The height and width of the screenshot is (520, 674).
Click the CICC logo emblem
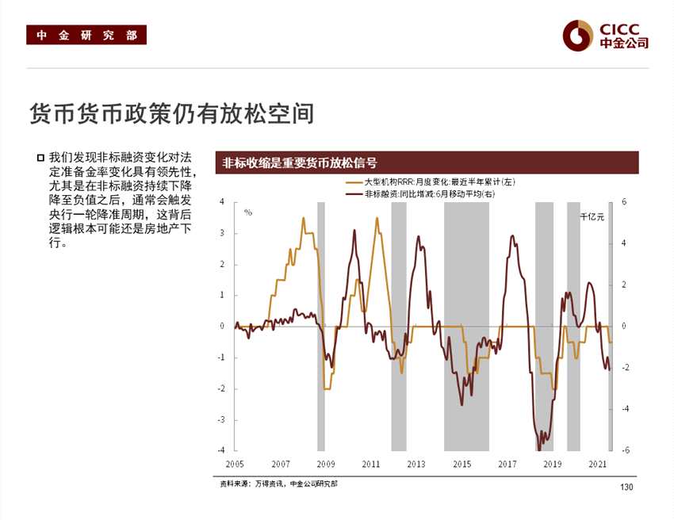point(578,34)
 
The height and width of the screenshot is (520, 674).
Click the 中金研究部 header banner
point(86,36)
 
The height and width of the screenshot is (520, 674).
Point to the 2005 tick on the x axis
point(235,464)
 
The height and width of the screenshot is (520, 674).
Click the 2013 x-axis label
point(416,464)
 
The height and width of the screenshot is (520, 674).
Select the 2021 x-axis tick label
point(599,464)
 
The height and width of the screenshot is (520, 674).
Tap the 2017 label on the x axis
point(507,464)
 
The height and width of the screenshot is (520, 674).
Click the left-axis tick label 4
point(222,202)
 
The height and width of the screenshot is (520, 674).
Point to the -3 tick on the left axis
point(220,419)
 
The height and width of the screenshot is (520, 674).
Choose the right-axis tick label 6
point(624,202)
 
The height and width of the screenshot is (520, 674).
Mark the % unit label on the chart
point(248,212)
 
